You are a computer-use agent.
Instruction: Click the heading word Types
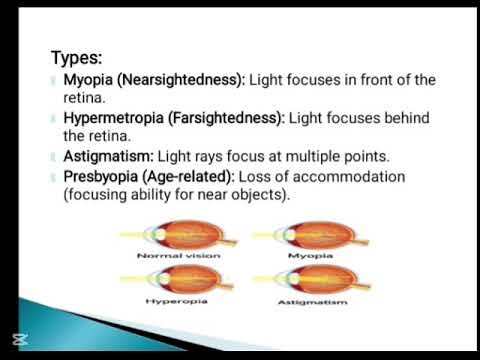coord(77,58)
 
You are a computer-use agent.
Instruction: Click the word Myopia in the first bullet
coord(88,79)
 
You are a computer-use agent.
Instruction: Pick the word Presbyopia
coord(103,177)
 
